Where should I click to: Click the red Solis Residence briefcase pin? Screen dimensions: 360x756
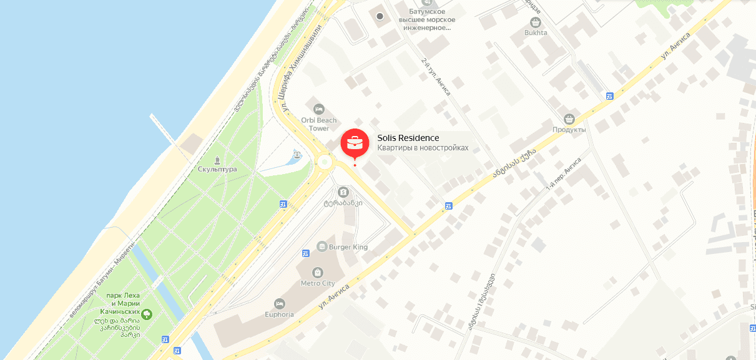(355, 142)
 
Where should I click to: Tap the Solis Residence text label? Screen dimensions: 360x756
(408, 138)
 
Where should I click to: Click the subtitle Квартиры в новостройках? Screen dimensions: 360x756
(422, 148)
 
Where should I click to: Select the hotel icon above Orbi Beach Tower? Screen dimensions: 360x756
(320, 109)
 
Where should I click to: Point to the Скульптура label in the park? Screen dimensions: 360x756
(217, 169)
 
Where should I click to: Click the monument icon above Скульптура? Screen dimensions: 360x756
(217, 160)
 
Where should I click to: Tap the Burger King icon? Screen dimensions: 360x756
(322, 246)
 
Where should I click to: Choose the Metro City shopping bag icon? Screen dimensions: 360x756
(318, 273)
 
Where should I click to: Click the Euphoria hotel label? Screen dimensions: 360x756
(279, 314)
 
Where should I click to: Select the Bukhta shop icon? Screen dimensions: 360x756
(536, 22)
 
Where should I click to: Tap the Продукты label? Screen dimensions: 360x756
(569, 129)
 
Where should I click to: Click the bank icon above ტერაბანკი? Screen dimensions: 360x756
(342, 192)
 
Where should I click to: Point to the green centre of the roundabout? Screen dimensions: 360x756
(324, 163)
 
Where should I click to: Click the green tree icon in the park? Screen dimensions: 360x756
(147, 313)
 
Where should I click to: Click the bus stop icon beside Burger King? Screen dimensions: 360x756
(306, 253)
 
